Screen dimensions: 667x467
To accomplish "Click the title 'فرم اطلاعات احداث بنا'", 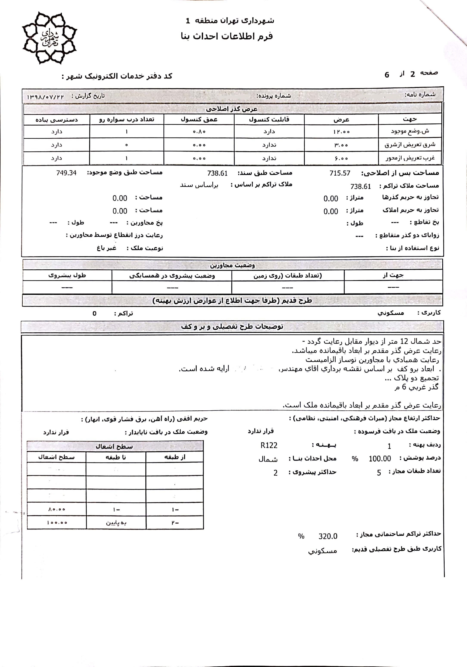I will pos(227,36).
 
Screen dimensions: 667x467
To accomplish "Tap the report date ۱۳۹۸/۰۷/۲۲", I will pos(46,97).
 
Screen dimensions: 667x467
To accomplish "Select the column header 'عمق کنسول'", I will pos(199,119).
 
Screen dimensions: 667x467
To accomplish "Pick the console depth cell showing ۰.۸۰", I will pos(199,132).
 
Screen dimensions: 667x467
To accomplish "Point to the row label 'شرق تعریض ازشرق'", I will pos(410,145).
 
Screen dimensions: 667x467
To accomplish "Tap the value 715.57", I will pos(340,173).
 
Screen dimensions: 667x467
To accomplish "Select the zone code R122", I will pos(269,445).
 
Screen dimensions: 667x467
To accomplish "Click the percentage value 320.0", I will pos(328,536).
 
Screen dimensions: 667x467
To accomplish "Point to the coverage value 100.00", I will pos(380,459).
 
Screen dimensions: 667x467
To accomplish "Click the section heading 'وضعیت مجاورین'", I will pos(232,265).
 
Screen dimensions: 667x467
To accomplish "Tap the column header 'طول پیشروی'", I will pos(67,275).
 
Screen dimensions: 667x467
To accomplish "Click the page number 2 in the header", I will pos(413,74).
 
